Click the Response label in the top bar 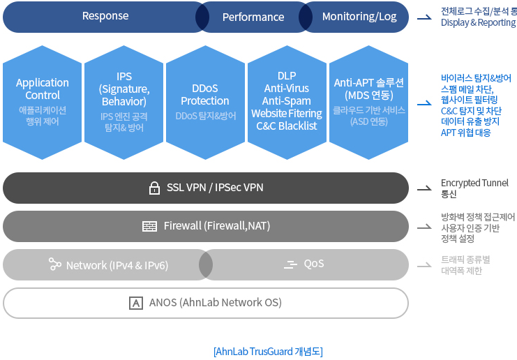tap(105, 16)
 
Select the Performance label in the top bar tap(253, 17)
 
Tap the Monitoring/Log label tap(359, 17)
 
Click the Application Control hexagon tap(42, 103)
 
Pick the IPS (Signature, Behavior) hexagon tap(124, 103)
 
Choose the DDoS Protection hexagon tap(205, 103)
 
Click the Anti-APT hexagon tap(368, 103)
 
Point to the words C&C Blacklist tap(287, 126)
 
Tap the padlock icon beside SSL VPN tap(154, 188)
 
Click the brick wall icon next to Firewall tap(149, 227)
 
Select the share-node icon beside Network tap(54, 264)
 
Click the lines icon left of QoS tap(290, 264)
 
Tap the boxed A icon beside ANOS tap(136, 303)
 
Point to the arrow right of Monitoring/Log tap(424, 17)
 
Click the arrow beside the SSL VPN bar tap(424, 188)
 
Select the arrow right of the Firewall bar tap(424, 227)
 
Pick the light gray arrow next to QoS tap(424, 265)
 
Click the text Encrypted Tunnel tap(474, 183)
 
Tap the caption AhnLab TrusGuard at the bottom tap(254, 352)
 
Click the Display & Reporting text tap(478, 22)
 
